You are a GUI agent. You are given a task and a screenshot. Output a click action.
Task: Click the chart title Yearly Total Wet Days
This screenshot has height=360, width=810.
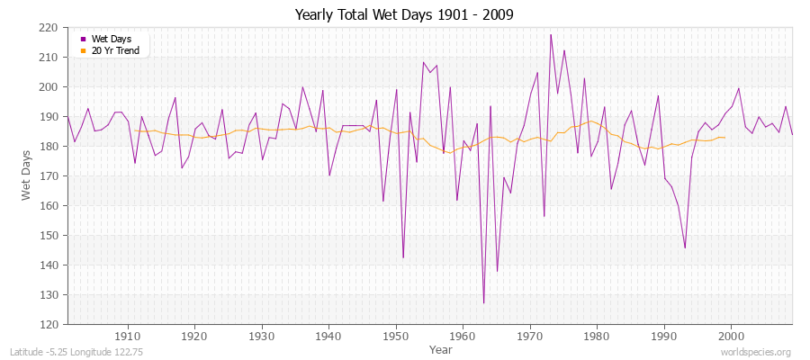(404, 15)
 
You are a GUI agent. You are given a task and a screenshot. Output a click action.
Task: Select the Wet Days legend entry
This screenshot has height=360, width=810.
(111, 39)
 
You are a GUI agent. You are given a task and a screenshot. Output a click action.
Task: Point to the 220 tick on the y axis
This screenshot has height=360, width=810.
(49, 28)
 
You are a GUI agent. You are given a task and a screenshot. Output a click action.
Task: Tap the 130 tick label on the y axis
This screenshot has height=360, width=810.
(49, 295)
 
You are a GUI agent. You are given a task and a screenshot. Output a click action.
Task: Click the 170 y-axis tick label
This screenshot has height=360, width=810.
(49, 176)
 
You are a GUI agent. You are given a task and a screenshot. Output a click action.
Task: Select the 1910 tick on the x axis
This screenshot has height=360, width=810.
(128, 336)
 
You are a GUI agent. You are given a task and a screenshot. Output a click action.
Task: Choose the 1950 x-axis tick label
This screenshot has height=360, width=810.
(395, 336)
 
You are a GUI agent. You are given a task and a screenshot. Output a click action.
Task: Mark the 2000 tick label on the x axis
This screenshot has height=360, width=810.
(730, 336)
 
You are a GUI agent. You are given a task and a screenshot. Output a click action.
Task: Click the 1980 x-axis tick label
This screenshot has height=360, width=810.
(596, 336)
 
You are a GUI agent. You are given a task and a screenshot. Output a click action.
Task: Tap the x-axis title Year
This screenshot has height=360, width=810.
(441, 349)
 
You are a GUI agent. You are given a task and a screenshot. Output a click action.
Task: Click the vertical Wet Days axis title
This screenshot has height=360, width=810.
(28, 175)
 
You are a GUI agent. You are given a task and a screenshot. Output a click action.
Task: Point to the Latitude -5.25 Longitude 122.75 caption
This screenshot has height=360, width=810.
(69, 352)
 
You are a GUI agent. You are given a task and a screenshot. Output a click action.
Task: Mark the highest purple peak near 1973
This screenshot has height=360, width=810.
(551, 34)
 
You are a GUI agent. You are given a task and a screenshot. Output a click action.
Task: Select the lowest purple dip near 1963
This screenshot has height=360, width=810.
(483, 303)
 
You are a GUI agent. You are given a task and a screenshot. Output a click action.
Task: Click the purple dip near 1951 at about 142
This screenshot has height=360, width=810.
(403, 258)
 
